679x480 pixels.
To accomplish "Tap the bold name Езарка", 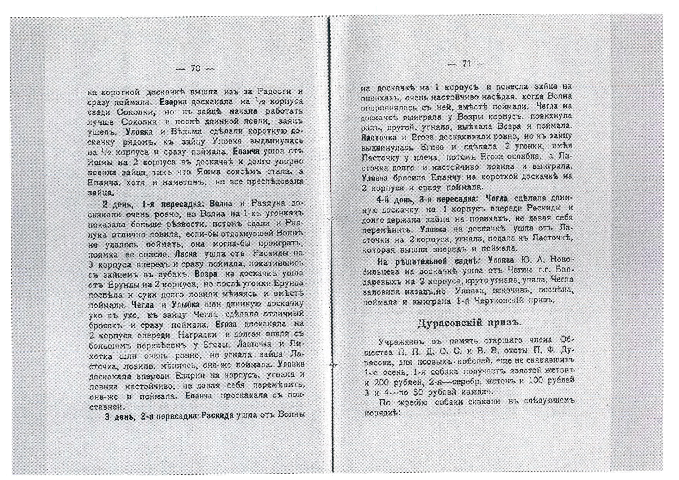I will point(173,102).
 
